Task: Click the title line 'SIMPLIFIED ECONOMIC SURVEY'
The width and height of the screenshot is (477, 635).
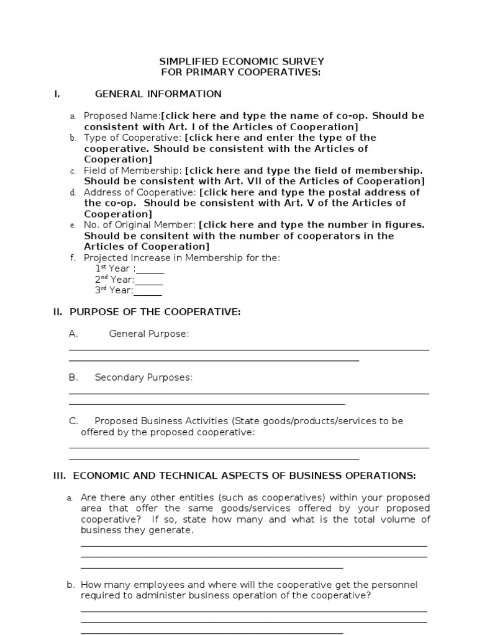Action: [x=242, y=61]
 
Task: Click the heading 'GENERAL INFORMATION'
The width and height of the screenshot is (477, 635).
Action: [x=158, y=94]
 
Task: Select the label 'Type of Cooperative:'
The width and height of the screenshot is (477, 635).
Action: [x=132, y=138]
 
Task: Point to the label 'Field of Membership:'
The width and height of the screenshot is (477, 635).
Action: [x=133, y=171]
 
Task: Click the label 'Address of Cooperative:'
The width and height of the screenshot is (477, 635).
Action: [x=139, y=192]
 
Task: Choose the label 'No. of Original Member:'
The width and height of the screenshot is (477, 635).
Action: [x=140, y=225]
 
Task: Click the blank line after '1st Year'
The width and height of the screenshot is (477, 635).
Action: [x=150, y=269]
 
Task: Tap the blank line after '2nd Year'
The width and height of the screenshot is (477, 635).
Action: [x=149, y=280]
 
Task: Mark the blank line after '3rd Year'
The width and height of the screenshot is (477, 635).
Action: [x=148, y=291]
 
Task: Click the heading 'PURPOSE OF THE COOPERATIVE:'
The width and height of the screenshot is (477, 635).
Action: [x=155, y=312]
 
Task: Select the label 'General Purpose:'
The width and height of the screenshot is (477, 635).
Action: [x=148, y=334]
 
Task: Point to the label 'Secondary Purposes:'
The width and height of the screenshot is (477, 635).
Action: [x=143, y=378]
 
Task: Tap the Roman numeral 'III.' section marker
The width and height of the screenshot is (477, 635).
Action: [x=60, y=476]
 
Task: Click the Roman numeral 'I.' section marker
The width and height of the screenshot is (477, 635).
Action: [x=57, y=94]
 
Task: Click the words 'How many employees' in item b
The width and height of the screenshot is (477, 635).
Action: [x=124, y=585]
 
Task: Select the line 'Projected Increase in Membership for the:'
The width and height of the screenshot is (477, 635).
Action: [x=181, y=257]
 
